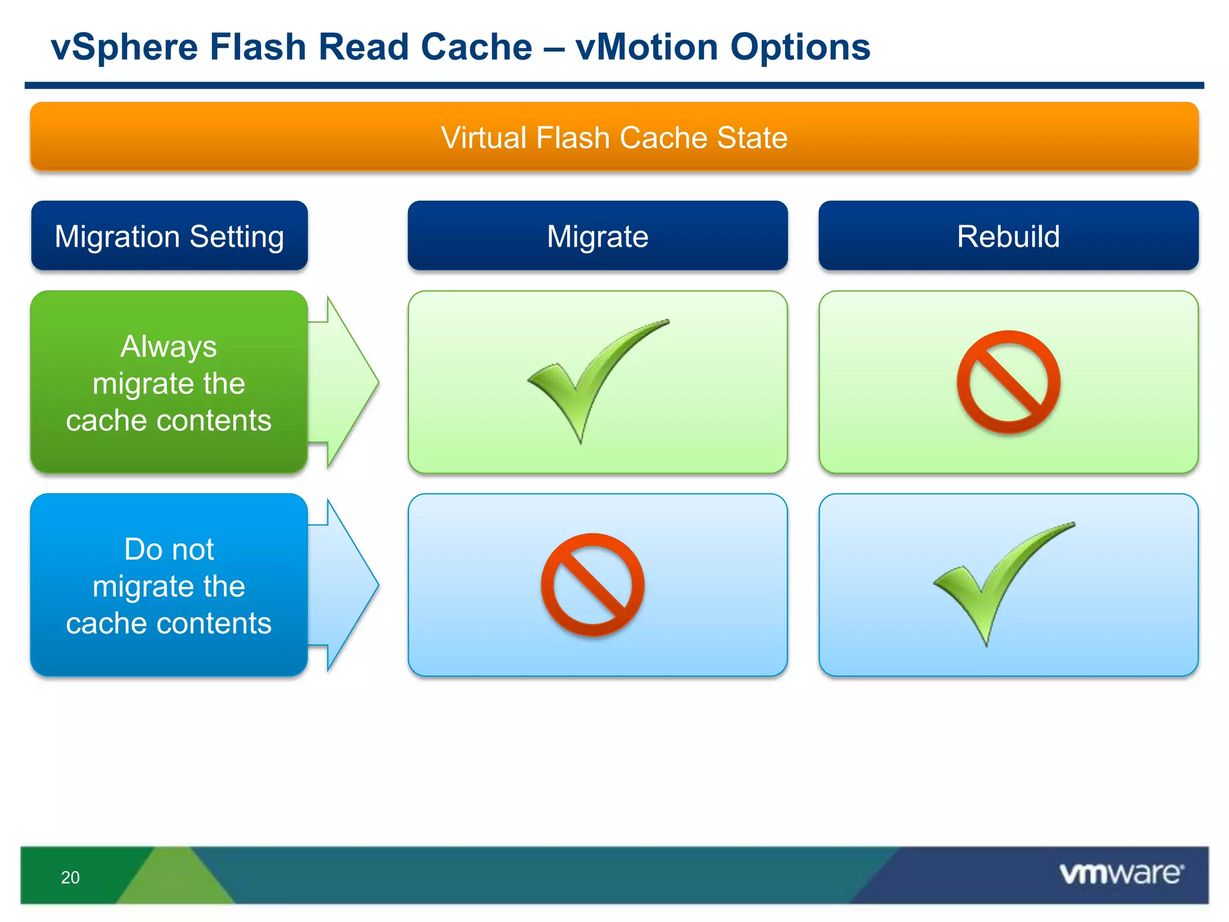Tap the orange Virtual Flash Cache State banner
click(614, 137)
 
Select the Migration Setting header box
click(169, 236)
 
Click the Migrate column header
click(597, 236)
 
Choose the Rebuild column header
click(1008, 236)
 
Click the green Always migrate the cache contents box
click(169, 382)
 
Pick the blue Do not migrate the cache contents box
click(169, 585)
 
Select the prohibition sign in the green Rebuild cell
click(1008, 382)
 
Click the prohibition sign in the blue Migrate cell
click(592, 585)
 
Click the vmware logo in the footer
click(1121, 873)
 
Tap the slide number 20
click(70, 878)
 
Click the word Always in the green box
click(169, 346)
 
